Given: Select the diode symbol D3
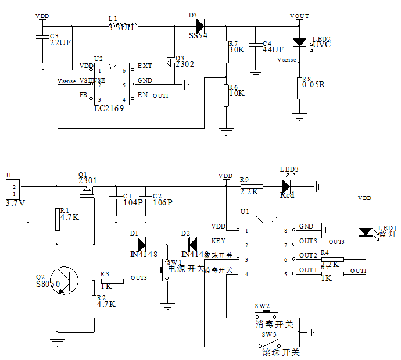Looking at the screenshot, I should (201, 26).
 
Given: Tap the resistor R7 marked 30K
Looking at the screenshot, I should (227, 52).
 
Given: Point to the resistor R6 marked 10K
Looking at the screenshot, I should (227, 95).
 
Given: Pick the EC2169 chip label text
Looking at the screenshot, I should (109, 108).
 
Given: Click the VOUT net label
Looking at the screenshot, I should (299, 16).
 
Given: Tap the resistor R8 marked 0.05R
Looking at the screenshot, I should (300, 88).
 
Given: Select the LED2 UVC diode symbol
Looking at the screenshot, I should (300, 42).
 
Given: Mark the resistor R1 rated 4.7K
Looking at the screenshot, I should (57, 219).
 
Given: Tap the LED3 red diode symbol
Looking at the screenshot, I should (286, 186).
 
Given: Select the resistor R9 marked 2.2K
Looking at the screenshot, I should (251, 186).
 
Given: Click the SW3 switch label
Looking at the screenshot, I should (268, 336).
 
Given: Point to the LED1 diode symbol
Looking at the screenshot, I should (365, 232).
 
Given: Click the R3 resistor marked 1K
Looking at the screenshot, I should (112, 281).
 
